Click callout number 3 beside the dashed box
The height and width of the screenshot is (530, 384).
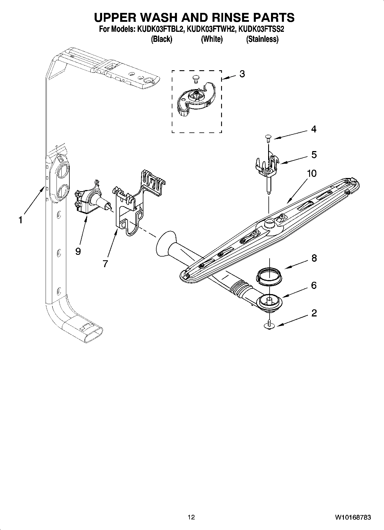pyautogui.click(x=242, y=74)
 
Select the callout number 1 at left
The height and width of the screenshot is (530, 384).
pyautogui.click(x=20, y=220)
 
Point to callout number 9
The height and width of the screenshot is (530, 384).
pyautogui.click(x=78, y=251)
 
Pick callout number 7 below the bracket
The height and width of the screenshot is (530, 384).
pyautogui.click(x=105, y=264)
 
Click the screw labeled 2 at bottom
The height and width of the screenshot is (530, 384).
pyautogui.click(x=270, y=325)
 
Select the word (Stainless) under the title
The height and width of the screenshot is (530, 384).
pyautogui.click(x=262, y=39)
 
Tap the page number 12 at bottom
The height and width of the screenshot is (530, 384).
pyautogui.click(x=191, y=517)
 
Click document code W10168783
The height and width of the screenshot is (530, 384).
pyautogui.click(x=352, y=517)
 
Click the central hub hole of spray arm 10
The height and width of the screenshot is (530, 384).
pyautogui.click(x=269, y=220)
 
